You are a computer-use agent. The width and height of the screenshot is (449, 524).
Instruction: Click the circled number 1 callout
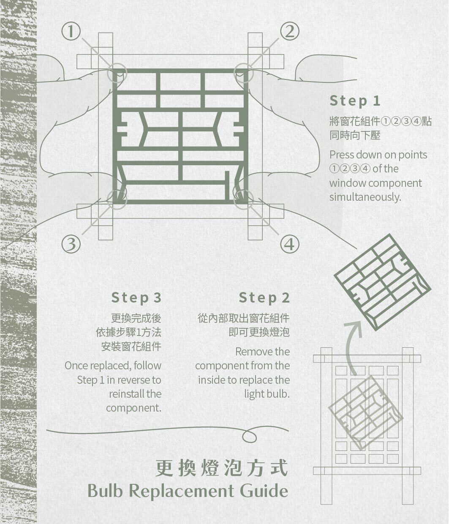[x=71, y=31]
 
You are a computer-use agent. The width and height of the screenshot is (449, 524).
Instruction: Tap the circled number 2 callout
[x=289, y=31]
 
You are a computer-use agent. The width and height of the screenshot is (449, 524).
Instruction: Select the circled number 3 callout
[x=71, y=244]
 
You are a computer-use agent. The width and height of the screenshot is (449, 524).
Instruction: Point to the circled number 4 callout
[x=289, y=244]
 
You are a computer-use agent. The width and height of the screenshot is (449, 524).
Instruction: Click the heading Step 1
[x=355, y=101]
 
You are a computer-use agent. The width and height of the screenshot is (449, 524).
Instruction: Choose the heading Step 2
[x=264, y=298]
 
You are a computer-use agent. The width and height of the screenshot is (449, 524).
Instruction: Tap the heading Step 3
[x=136, y=298]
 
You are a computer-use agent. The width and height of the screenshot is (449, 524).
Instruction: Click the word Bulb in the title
[x=105, y=491]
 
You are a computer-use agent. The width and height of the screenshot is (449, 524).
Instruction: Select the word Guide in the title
[x=264, y=491]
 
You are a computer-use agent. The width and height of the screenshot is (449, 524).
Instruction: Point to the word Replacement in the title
[x=182, y=491]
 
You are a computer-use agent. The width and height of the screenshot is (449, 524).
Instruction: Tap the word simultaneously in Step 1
[x=365, y=197]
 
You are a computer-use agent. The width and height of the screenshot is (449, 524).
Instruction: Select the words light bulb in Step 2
[x=267, y=394]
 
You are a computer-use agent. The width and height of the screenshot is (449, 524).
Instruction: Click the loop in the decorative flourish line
[x=249, y=436]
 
